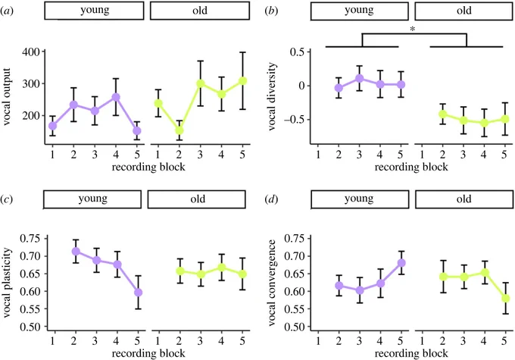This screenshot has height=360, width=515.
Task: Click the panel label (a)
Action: [7, 11]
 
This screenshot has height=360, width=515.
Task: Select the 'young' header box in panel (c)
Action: [92, 199]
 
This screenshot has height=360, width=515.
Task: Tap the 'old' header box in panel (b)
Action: [463, 11]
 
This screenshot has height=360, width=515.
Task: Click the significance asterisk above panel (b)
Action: [413, 30]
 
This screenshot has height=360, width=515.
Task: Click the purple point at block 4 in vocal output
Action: [116, 97]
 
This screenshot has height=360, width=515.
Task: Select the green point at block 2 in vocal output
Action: [179, 130]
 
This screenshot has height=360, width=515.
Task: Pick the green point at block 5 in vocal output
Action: [242, 81]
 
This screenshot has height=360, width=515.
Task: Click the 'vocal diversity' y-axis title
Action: [272, 97]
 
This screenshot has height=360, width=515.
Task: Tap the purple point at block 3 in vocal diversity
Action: [359, 78]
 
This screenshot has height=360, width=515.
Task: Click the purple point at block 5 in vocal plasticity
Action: [139, 293]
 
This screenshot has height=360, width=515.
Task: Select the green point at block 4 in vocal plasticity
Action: [221, 268]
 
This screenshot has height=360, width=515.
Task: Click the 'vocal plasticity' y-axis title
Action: [8, 283]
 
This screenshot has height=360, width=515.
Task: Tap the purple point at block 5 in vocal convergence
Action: [401, 263]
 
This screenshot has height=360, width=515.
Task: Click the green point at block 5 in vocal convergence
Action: [505, 299]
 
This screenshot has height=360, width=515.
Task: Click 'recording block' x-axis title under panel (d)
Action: [411, 353]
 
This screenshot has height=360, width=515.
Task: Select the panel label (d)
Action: [272, 199]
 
